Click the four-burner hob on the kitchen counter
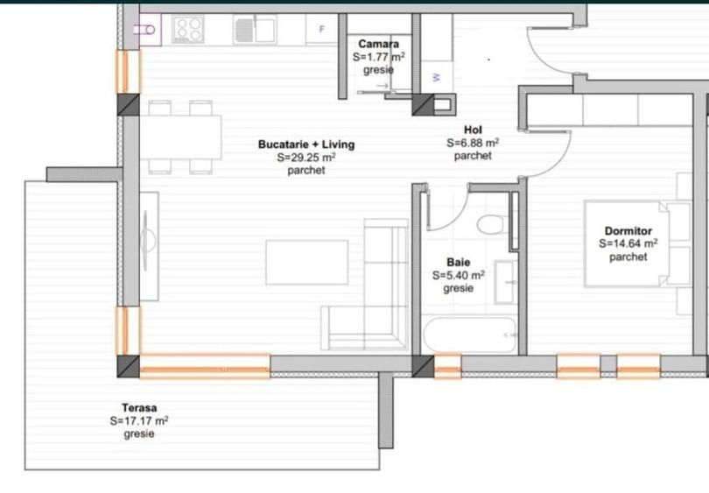[189, 30]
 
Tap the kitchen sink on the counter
[254, 31]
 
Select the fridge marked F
[321, 30]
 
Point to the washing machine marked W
[435, 77]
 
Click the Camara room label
[379, 43]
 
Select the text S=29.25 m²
[305, 158]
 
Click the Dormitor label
[628, 230]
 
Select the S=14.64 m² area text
[628, 244]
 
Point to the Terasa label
[139, 407]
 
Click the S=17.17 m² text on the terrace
[139, 420]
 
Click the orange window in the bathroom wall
[447, 366]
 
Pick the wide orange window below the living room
[205, 366]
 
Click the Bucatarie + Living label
[305, 144]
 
